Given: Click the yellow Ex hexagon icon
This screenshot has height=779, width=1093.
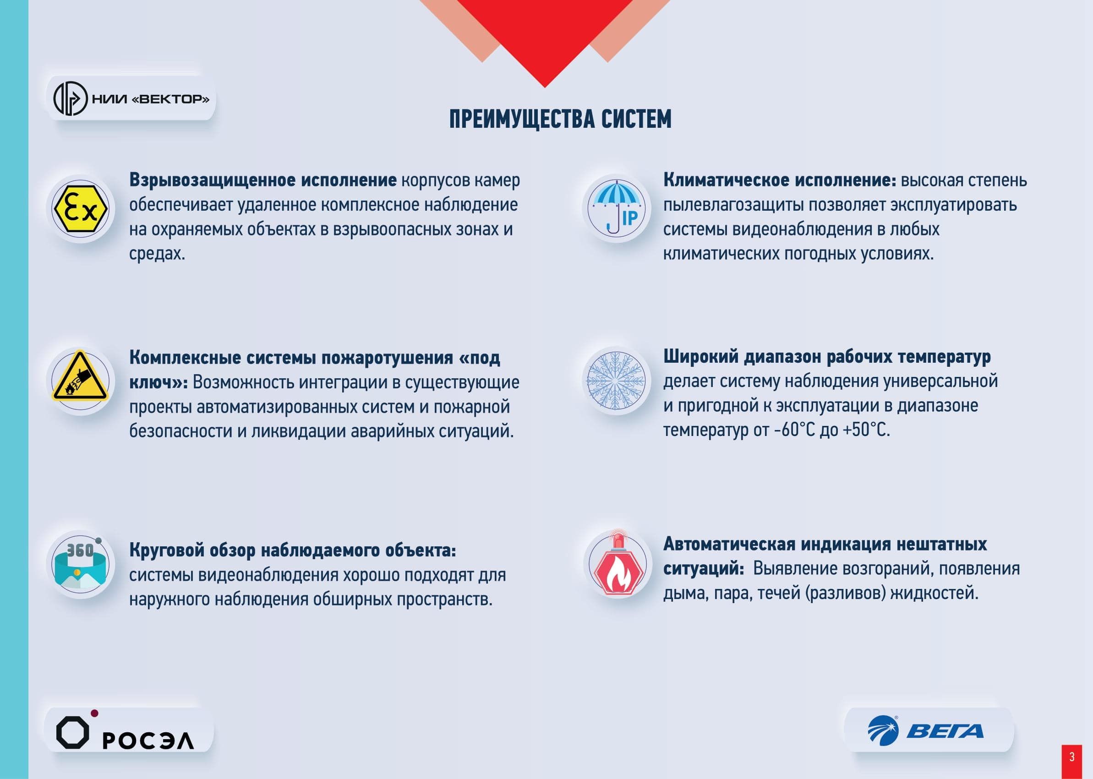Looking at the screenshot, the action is pos(81,209).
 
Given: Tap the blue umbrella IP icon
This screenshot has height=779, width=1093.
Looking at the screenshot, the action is pos(617,209).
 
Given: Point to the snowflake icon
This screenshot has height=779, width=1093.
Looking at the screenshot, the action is pos(617,381).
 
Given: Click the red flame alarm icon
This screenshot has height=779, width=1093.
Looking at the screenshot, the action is pos(617,563).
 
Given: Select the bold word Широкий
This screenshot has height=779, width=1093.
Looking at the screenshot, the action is pos(700,357).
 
